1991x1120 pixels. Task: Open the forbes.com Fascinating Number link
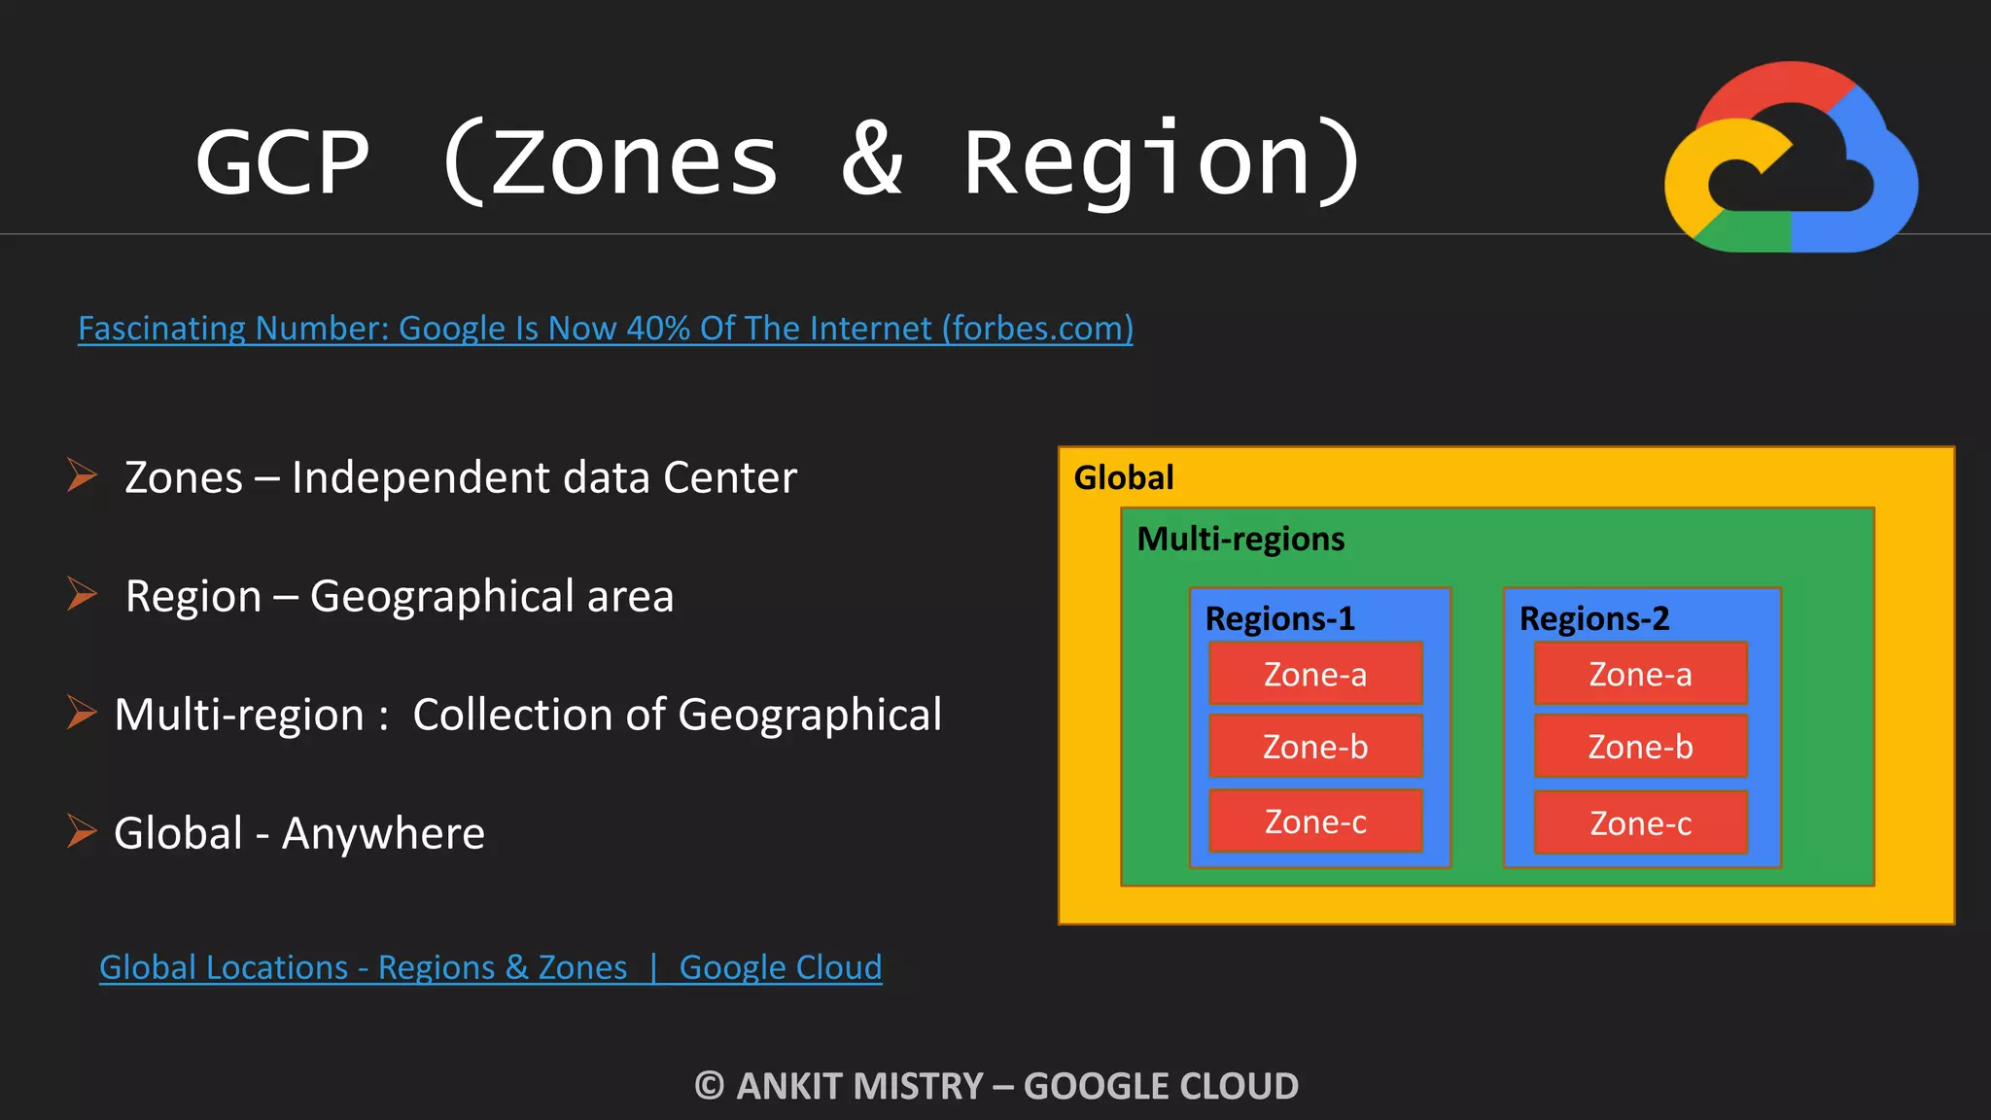(x=605, y=329)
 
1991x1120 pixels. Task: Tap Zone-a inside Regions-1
(x=1315, y=674)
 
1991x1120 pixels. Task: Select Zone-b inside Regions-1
(x=1315, y=747)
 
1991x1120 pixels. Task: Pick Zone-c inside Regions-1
(x=1315, y=822)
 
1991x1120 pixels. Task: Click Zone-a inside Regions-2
(x=1640, y=674)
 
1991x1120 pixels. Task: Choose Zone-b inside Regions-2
(x=1640, y=747)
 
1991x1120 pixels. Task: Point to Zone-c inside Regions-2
(x=1640, y=823)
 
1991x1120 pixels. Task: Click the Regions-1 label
(x=1279, y=618)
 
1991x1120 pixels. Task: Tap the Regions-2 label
(x=1593, y=618)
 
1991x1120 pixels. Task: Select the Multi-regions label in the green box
(x=1240, y=539)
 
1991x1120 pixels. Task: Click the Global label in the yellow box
(x=1124, y=477)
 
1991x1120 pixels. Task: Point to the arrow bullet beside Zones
(x=82, y=475)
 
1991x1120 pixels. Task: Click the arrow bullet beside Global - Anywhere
(x=82, y=831)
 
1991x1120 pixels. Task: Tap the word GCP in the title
(x=282, y=161)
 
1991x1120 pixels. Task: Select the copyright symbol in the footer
(x=710, y=1086)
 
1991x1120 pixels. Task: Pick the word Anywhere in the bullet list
(x=383, y=833)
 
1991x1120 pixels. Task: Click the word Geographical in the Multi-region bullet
(x=809, y=716)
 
